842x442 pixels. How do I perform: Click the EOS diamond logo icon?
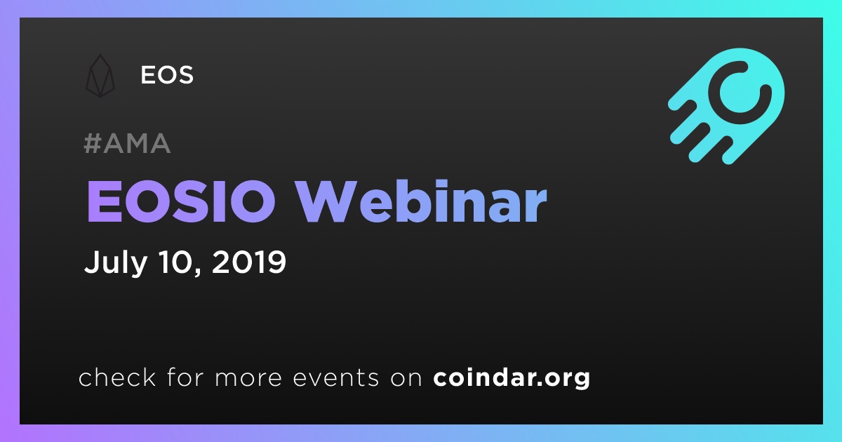click(100, 76)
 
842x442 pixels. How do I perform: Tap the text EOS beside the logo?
click(167, 75)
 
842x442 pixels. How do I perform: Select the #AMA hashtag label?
click(127, 143)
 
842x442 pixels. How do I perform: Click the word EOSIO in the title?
click(181, 201)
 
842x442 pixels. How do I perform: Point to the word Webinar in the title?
click(421, 201)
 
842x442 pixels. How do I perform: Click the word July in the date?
click(116, 262)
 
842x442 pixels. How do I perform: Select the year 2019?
click(249, 261)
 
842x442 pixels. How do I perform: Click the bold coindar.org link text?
click(512, 377)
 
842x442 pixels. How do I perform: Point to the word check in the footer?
click(117, 377)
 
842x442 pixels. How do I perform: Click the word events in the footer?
click(335, 377)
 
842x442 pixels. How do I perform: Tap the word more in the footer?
click(248, 378)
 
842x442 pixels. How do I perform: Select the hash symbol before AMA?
click(92, 143)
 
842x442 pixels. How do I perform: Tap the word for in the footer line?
click(185, 377)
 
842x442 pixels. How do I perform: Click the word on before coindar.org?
click(406, 378)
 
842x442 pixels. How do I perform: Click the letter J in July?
click(91, 261)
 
